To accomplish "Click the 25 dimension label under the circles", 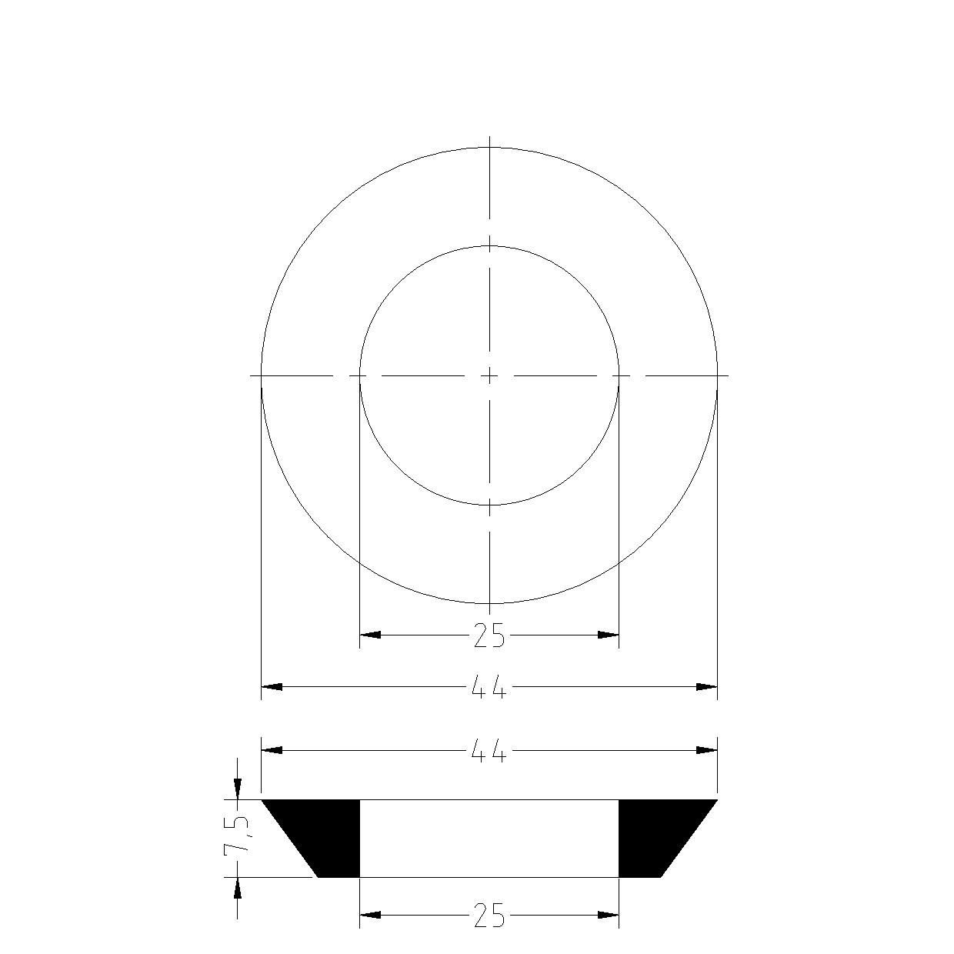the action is tap(489, 635).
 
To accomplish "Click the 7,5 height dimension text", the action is tap(237, 836).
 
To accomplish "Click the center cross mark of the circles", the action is tap(489, 375).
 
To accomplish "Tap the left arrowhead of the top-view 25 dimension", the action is tap(370, 635).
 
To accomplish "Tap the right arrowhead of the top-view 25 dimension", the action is tap(609, 635).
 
